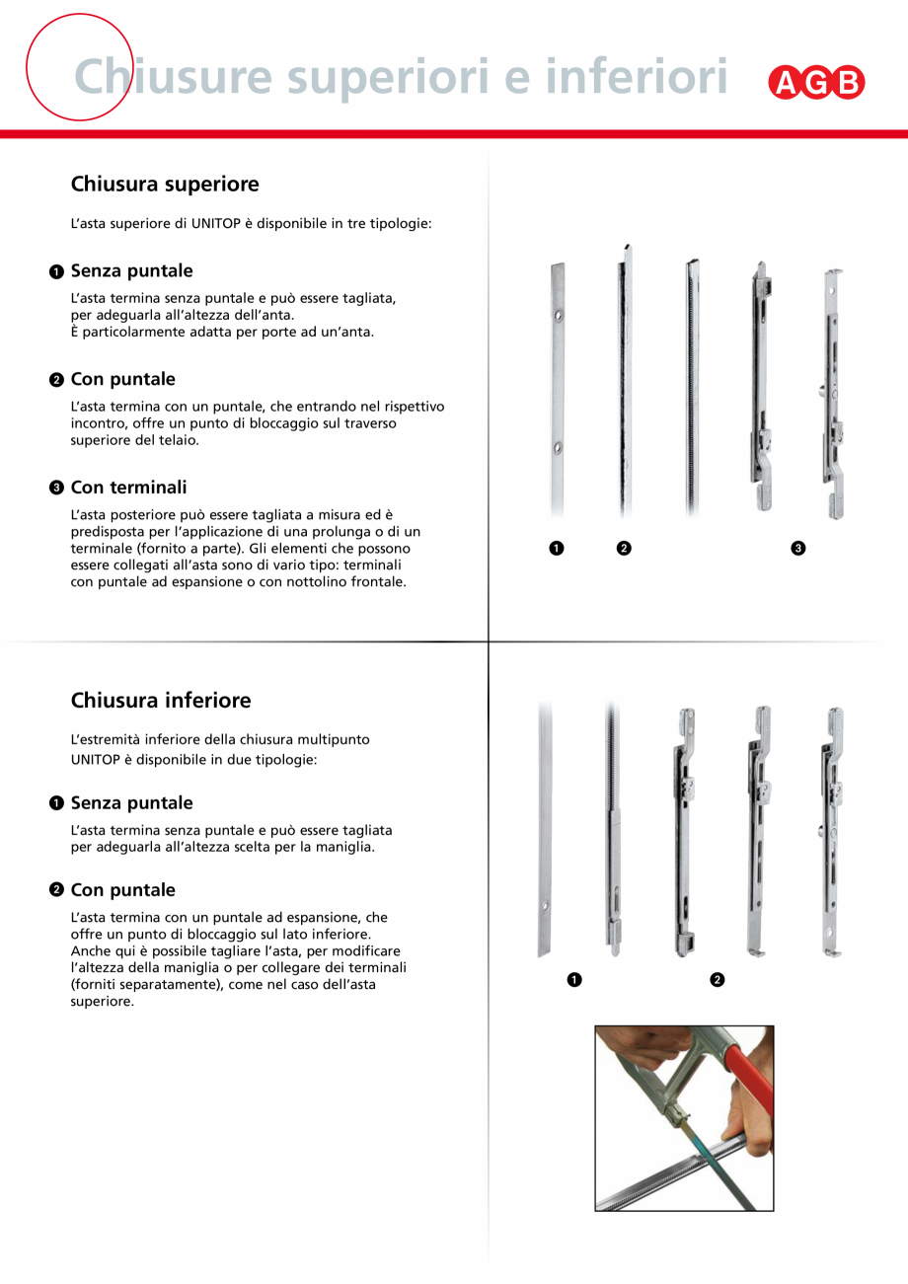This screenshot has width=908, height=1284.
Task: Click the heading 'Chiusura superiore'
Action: tap(165, 185)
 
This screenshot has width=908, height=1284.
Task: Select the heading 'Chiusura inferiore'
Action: tap(161, 701)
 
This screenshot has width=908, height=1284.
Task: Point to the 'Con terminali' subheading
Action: tap(128, 488)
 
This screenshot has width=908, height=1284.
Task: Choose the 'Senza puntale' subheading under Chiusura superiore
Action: tap(131, 271)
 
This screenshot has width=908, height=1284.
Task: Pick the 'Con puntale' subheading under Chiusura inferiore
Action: tap(122, 890)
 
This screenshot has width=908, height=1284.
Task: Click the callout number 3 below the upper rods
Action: tap(798, 548)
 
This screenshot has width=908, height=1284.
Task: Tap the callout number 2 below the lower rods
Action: tap(718, 979)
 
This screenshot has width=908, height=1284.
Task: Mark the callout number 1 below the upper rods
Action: tap(557, 548)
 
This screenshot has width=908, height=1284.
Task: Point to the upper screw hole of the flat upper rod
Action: tap(558, 316)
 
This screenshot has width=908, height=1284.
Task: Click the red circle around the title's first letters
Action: tap(79, 67)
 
